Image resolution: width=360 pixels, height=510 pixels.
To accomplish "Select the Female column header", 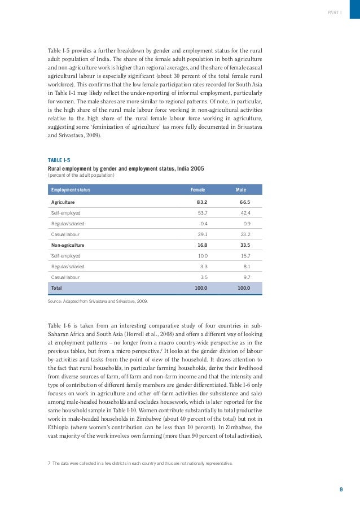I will point(197,190).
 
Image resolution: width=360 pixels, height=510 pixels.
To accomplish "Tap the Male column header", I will point(241,190).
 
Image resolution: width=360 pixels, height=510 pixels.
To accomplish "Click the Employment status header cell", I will point(71,190).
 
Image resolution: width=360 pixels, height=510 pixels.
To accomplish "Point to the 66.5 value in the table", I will point(244,202).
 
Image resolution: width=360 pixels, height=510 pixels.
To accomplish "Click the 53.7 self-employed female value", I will point(202,213).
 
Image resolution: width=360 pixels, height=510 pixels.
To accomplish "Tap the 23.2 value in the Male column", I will point(245,234).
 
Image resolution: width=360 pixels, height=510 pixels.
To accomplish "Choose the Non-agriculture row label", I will point(68,246).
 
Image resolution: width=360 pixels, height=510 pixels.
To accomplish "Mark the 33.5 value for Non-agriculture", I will point(244,246).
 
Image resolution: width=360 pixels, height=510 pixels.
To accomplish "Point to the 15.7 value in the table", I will point(245,256).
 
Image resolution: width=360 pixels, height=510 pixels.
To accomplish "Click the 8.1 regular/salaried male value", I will point(247,267).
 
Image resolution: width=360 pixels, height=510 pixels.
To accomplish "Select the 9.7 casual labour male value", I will point(247,278).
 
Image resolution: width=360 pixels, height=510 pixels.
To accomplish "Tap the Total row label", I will point(56,289).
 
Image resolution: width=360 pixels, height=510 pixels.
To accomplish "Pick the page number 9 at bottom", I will point(341,490).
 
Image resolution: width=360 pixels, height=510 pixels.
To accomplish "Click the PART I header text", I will point(335,12).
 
